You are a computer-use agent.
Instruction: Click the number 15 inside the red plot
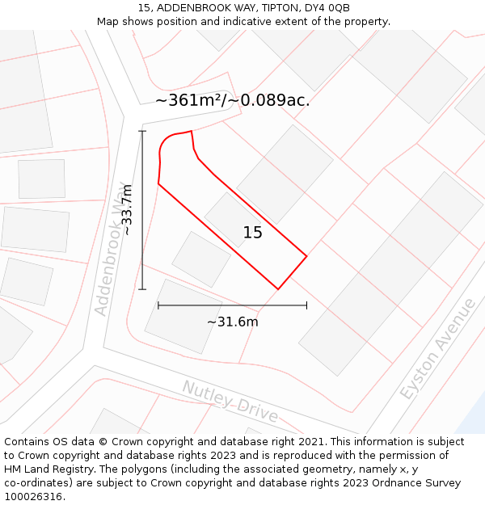click(253, 233)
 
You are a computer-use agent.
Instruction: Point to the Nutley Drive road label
click(230, 402)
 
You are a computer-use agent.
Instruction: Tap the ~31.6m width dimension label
click(232, 322)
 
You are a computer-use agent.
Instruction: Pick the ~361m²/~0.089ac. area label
click(233, 101)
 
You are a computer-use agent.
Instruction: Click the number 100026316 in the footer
click(33, 497)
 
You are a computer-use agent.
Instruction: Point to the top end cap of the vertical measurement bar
click(143, 131)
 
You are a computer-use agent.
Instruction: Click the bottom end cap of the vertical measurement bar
click(143, 289)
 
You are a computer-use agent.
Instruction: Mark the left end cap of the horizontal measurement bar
click(158, 305)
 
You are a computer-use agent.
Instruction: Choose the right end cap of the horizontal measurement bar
click(306, 305)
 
